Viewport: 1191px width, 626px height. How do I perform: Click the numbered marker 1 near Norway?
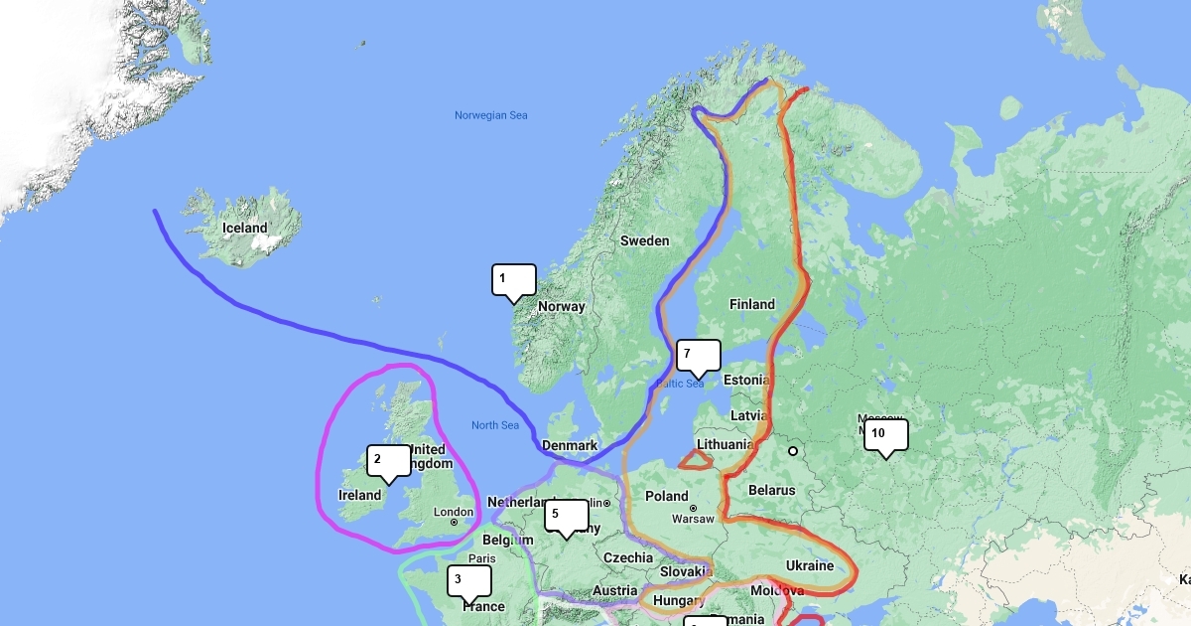point(513,279)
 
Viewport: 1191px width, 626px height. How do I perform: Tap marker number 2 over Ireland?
point(388,460)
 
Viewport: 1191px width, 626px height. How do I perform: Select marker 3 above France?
point(468,579)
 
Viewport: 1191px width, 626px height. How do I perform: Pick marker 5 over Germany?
point(566,515)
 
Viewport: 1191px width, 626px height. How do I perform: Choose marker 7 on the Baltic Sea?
point(698,355)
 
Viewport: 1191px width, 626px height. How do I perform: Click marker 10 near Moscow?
point(885,434)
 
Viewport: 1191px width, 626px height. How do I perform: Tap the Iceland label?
point(244,228)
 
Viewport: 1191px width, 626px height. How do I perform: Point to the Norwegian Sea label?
point(491,115)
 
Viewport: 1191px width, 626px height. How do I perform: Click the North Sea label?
point(495,425)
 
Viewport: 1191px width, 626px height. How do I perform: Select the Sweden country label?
point(644,240)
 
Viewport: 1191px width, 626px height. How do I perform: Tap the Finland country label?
point(751,304)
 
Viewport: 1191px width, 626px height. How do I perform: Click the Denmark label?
point(570,445)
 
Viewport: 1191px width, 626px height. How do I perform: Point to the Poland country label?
point(666,496)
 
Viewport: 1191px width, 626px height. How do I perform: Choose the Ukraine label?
point(810,565)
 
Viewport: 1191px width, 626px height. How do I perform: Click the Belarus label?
point(771,490)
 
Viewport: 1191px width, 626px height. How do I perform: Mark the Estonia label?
point(746,380)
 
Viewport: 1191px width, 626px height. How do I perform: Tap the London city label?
point(447,513)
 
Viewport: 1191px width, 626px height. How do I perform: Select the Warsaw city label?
point(693,519)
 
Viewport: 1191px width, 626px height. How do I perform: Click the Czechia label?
point(628,557)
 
